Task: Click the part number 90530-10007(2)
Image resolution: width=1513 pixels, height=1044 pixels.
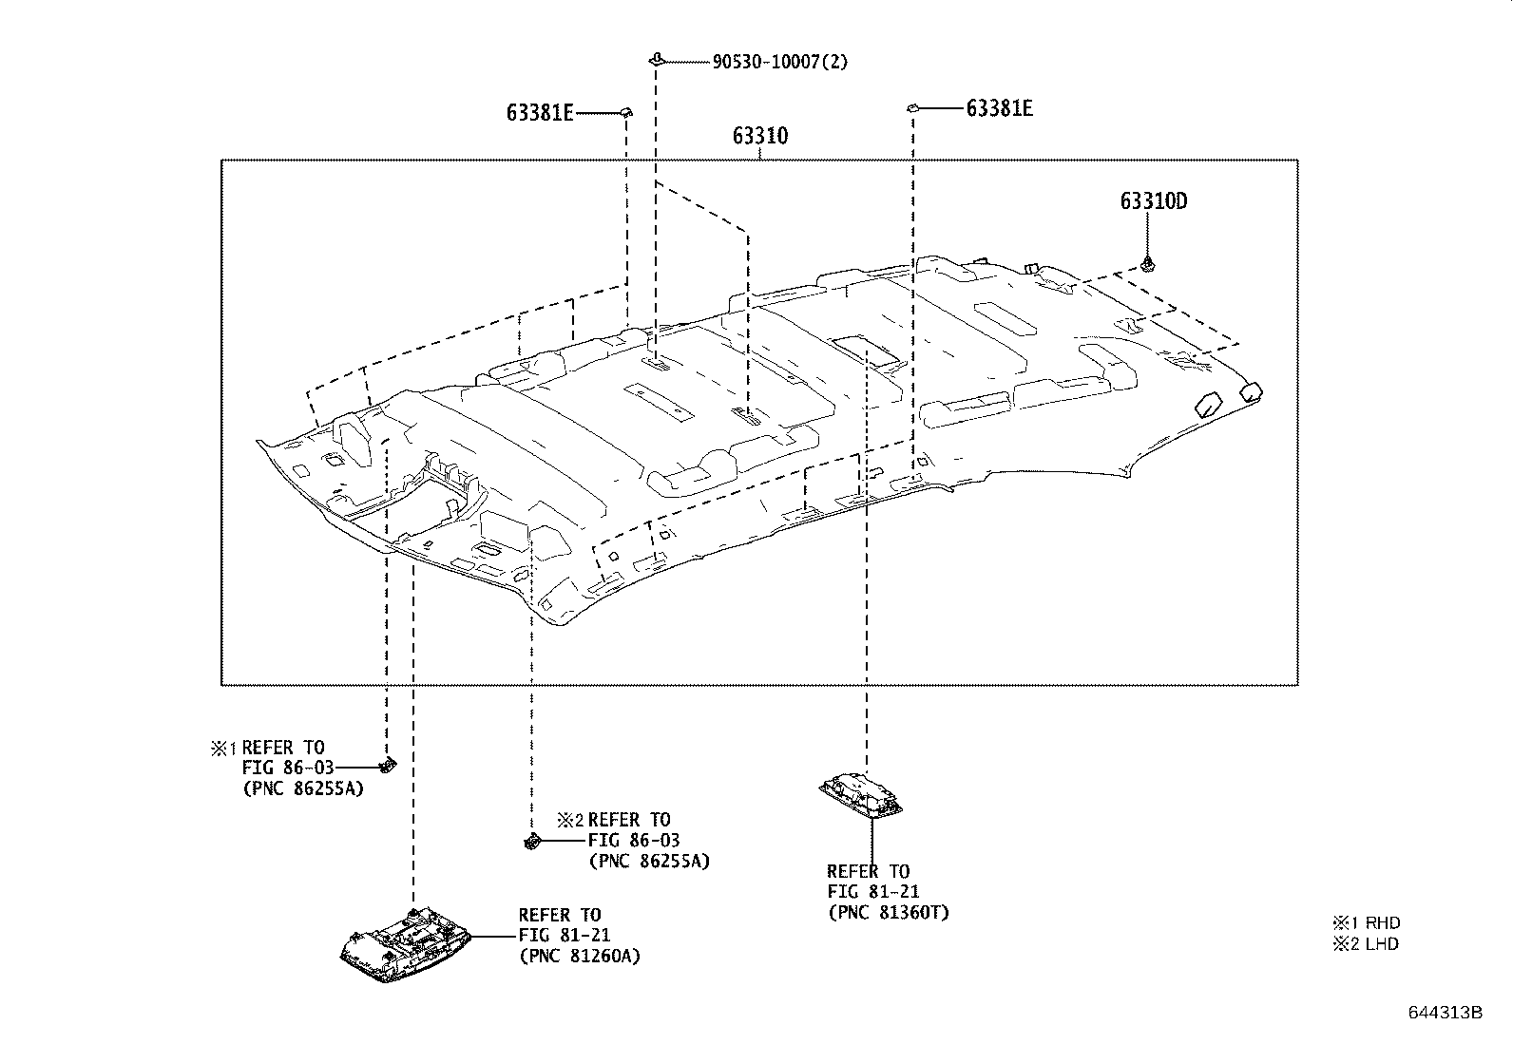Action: pos(779,63)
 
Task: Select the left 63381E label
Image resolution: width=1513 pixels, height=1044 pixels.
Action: pos(540,113)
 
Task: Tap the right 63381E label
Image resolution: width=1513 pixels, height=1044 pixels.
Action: pos(999,108)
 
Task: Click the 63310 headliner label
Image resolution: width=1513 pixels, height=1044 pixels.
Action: pos(759,137)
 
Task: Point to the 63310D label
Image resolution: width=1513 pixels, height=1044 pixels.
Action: pos(1154,201)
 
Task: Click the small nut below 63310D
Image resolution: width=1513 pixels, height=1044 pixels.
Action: pos(1148,262)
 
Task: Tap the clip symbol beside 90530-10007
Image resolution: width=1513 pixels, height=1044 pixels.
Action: pos(656,60)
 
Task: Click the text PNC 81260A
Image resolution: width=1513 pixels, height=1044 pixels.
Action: pos(579,956)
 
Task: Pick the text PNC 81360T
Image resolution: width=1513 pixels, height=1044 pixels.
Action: pos(888,913)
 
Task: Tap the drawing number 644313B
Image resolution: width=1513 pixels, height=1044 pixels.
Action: pos(1445,1013)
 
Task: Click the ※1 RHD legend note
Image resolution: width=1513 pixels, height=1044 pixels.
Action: pos(1366,922)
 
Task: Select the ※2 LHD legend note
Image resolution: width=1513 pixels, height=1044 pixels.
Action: pos(1366,943)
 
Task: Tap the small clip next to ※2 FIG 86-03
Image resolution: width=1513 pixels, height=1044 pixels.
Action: pos(532,841)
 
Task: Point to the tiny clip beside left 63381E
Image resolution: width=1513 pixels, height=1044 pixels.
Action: pos(626,112)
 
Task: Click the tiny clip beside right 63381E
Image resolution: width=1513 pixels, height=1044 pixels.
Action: pos(912,108)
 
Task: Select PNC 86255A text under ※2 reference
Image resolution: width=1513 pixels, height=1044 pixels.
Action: pos(648,862)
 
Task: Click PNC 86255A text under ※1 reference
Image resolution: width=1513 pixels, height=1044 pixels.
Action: pos(303,788)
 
